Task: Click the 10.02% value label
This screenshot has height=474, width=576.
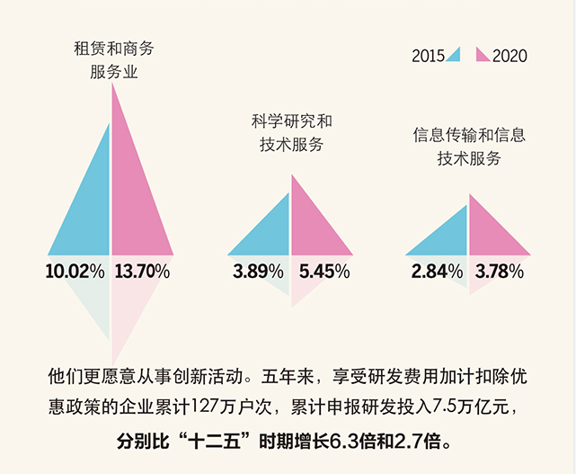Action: point(75,270)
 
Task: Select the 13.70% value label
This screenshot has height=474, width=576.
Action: point(142,270)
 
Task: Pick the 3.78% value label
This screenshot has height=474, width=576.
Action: point(500,270)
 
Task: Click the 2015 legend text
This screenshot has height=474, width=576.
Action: point(429,56)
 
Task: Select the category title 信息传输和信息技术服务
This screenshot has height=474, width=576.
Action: point(469,147)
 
